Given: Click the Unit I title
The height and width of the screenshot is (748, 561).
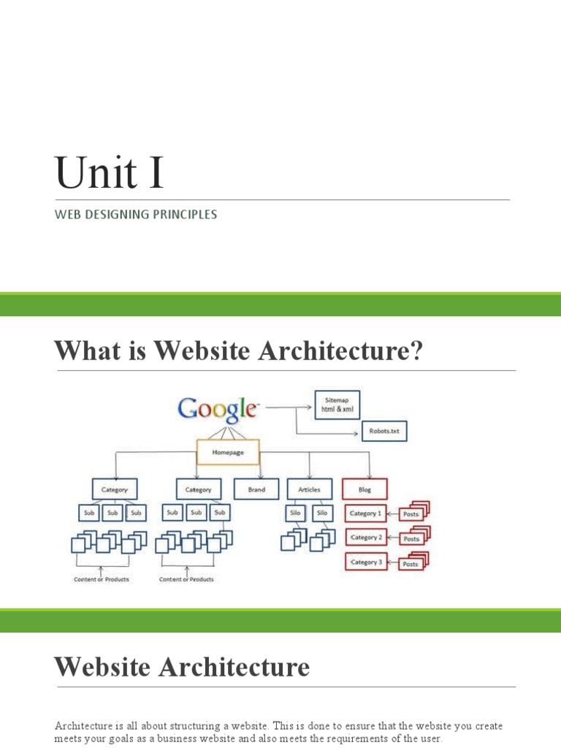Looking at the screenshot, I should tap(110, 174).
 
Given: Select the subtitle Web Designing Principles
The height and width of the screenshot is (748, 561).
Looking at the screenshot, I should tap(135, 215).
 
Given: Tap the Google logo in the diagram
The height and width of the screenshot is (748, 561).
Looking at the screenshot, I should tap(218, 408).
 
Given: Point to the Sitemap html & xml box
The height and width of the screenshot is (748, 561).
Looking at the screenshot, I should tap(337, 405).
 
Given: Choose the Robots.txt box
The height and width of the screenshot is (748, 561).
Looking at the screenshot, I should tap(384, 431).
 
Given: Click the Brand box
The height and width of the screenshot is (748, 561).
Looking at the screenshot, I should tap(256, 489).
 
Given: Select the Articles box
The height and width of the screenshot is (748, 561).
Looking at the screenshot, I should tap(309, 489).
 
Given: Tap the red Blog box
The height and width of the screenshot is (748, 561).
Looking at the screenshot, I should tap(365, 489).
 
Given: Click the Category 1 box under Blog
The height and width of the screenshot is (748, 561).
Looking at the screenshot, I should tap(365, 514).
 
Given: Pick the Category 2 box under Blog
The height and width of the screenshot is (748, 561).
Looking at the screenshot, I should tap(365, 538).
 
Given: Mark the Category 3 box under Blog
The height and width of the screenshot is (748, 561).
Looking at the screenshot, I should tap(365, 562).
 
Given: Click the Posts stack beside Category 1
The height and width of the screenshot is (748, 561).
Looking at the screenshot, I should tap(413, 513).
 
